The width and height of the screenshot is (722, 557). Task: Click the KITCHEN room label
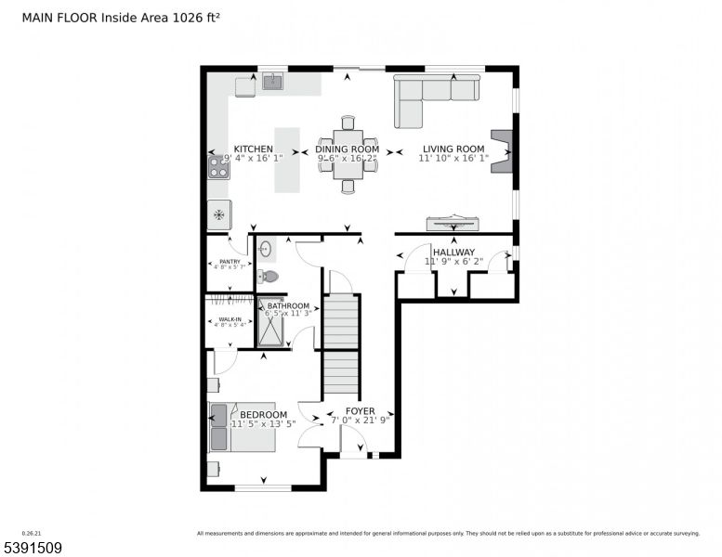click(x=253, y=149)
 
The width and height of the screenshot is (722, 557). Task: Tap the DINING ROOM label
click(x=348, y=149)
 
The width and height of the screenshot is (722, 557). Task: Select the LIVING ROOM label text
click(x=453, y=149)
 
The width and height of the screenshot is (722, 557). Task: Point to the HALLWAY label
click(x=453, y=253)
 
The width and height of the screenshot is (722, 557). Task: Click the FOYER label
click(x=360, y=411)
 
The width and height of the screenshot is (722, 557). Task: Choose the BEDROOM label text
click(x=263, y=415)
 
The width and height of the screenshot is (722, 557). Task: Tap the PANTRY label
click(x=229, y=262)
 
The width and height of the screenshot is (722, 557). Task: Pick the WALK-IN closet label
click(x=230, y=318)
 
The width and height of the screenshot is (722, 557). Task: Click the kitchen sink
click(x=272, y=83)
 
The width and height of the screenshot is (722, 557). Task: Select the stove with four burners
click(x=218, y=167)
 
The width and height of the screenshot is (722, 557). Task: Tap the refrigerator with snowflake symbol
click(x=218, y=215)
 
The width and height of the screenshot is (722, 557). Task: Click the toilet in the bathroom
click(x=269, y=276)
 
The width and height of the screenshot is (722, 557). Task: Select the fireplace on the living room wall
click(x=502, y=150)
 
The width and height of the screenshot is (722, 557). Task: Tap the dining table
click(x=348, y=154)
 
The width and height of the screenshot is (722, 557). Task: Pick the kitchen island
click(x=287, y=160)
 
